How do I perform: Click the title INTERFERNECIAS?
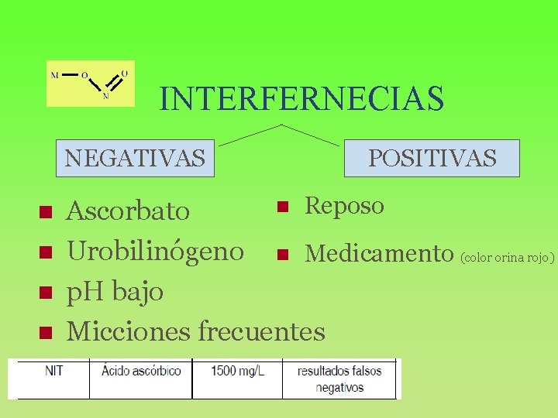[x=301, y=99]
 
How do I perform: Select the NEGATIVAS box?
[x=136, y=158]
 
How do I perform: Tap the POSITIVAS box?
[x=432, y=158]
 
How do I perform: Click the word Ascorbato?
[x=128, y=211]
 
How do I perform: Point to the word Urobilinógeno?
[x=156, y=251]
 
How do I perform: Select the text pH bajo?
[x=115, y=292]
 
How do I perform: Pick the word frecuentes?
[x=262, y=332]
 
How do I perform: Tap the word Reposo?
[x=344, y=206]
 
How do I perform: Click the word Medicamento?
[x=379, y=253]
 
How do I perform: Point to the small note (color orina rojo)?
[x=508, y=257]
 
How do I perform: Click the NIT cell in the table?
[x=53, y=371]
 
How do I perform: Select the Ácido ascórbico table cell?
[x=141, y=371]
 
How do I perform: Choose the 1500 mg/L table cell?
[x=238, y=371]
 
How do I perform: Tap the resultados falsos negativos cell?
[x=339, y=379]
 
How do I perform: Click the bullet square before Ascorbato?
[x=45, y=211]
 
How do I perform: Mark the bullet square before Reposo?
[x=283, y=207]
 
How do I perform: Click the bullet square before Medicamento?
[x=283, y=254]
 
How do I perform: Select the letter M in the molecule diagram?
[x=54, y=75]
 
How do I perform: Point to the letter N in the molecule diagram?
[x=105, y=97]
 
